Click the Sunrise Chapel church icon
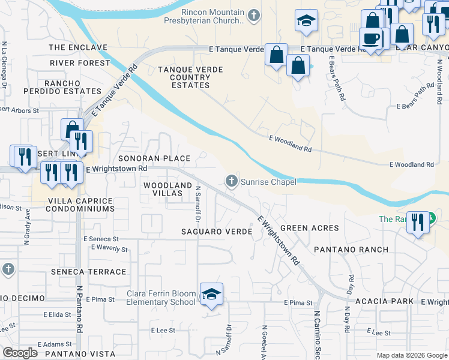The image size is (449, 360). (x=231, y=181)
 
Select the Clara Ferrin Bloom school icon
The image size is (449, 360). (x=211, y=295)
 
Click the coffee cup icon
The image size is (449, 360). (x=371, y=38)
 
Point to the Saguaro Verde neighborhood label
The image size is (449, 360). (x=216, y=231)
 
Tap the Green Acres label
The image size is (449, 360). (x=310, y=228)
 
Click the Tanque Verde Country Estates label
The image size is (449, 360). (x=190, y=77)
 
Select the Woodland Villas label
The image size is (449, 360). (x=167, y=190)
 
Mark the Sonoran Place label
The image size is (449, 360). (x=154, y=158)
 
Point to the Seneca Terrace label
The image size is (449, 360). (x=97, y=272)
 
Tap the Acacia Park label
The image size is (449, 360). (x=384, y=301)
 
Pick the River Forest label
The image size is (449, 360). (x=80, y=62)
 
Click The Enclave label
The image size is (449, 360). (x=77, y=47)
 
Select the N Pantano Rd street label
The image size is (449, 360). (x=79, y=310)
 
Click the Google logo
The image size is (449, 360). (x=20, y=353)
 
